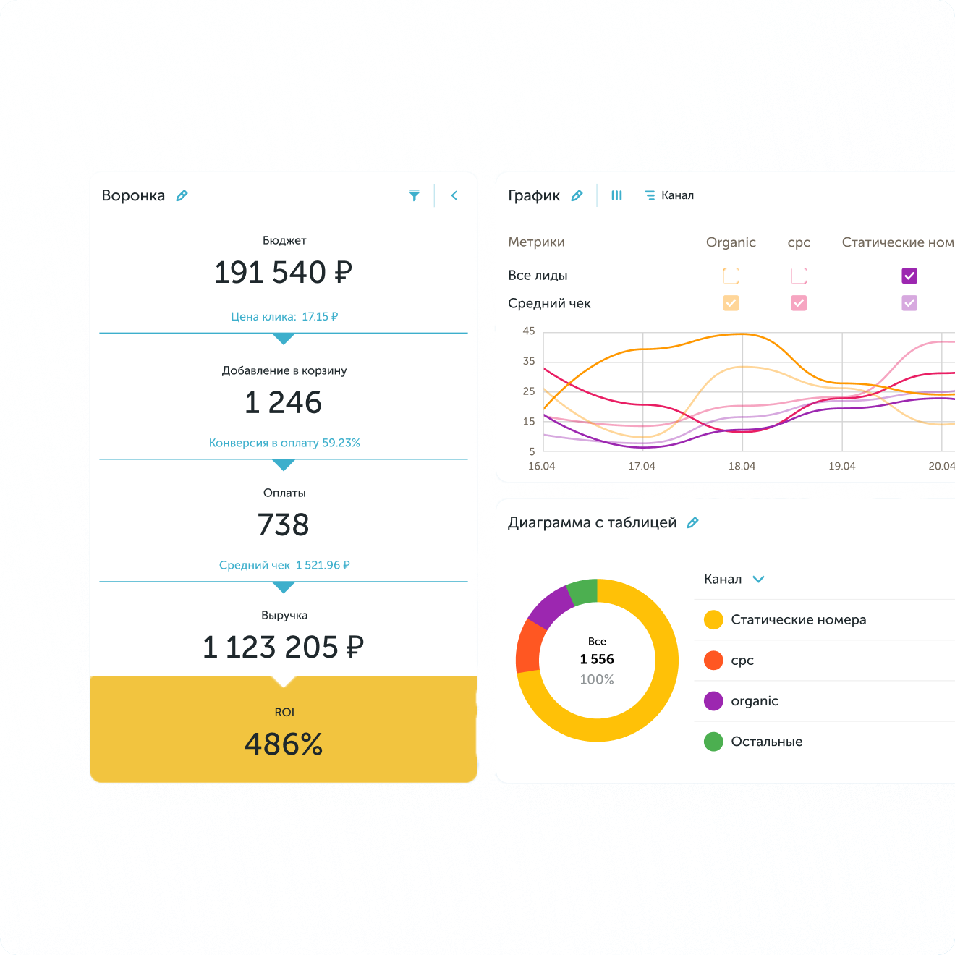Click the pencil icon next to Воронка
point(182,195)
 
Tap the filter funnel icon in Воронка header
point(415,195)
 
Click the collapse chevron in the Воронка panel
point(454,195)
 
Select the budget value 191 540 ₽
point(283,273)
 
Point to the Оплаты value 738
point(283,525)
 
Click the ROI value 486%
point(283,744)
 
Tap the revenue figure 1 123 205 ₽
point(283,647)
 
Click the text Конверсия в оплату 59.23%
point(284,443)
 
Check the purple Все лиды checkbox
point(909,276)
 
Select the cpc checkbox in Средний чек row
point(799,303)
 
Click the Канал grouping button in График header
point(669,195)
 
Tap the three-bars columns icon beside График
point(616,195)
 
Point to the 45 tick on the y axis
point(529,331)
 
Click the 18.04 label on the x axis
point(742,466)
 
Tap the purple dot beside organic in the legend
point(713,701)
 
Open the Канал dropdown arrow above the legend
point(758,579)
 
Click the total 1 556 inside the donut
point(597,659)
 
